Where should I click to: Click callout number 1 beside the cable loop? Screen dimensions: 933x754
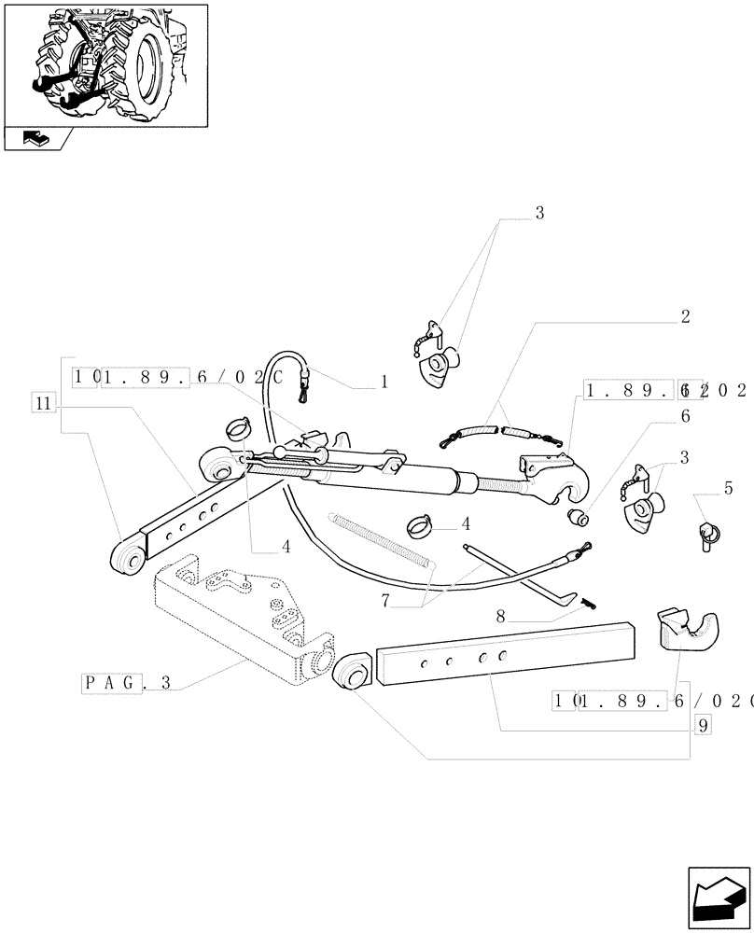click(x=383, y=383)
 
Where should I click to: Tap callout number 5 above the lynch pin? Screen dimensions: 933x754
click(x=728, y=487)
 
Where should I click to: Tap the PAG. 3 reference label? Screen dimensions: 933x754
click(x=127, y=683)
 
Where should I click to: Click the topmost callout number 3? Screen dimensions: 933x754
click(x=538, y=214)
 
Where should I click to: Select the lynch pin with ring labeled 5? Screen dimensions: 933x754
click(x=707, y=537)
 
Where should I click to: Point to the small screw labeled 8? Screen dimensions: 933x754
click(x=586, y=603)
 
